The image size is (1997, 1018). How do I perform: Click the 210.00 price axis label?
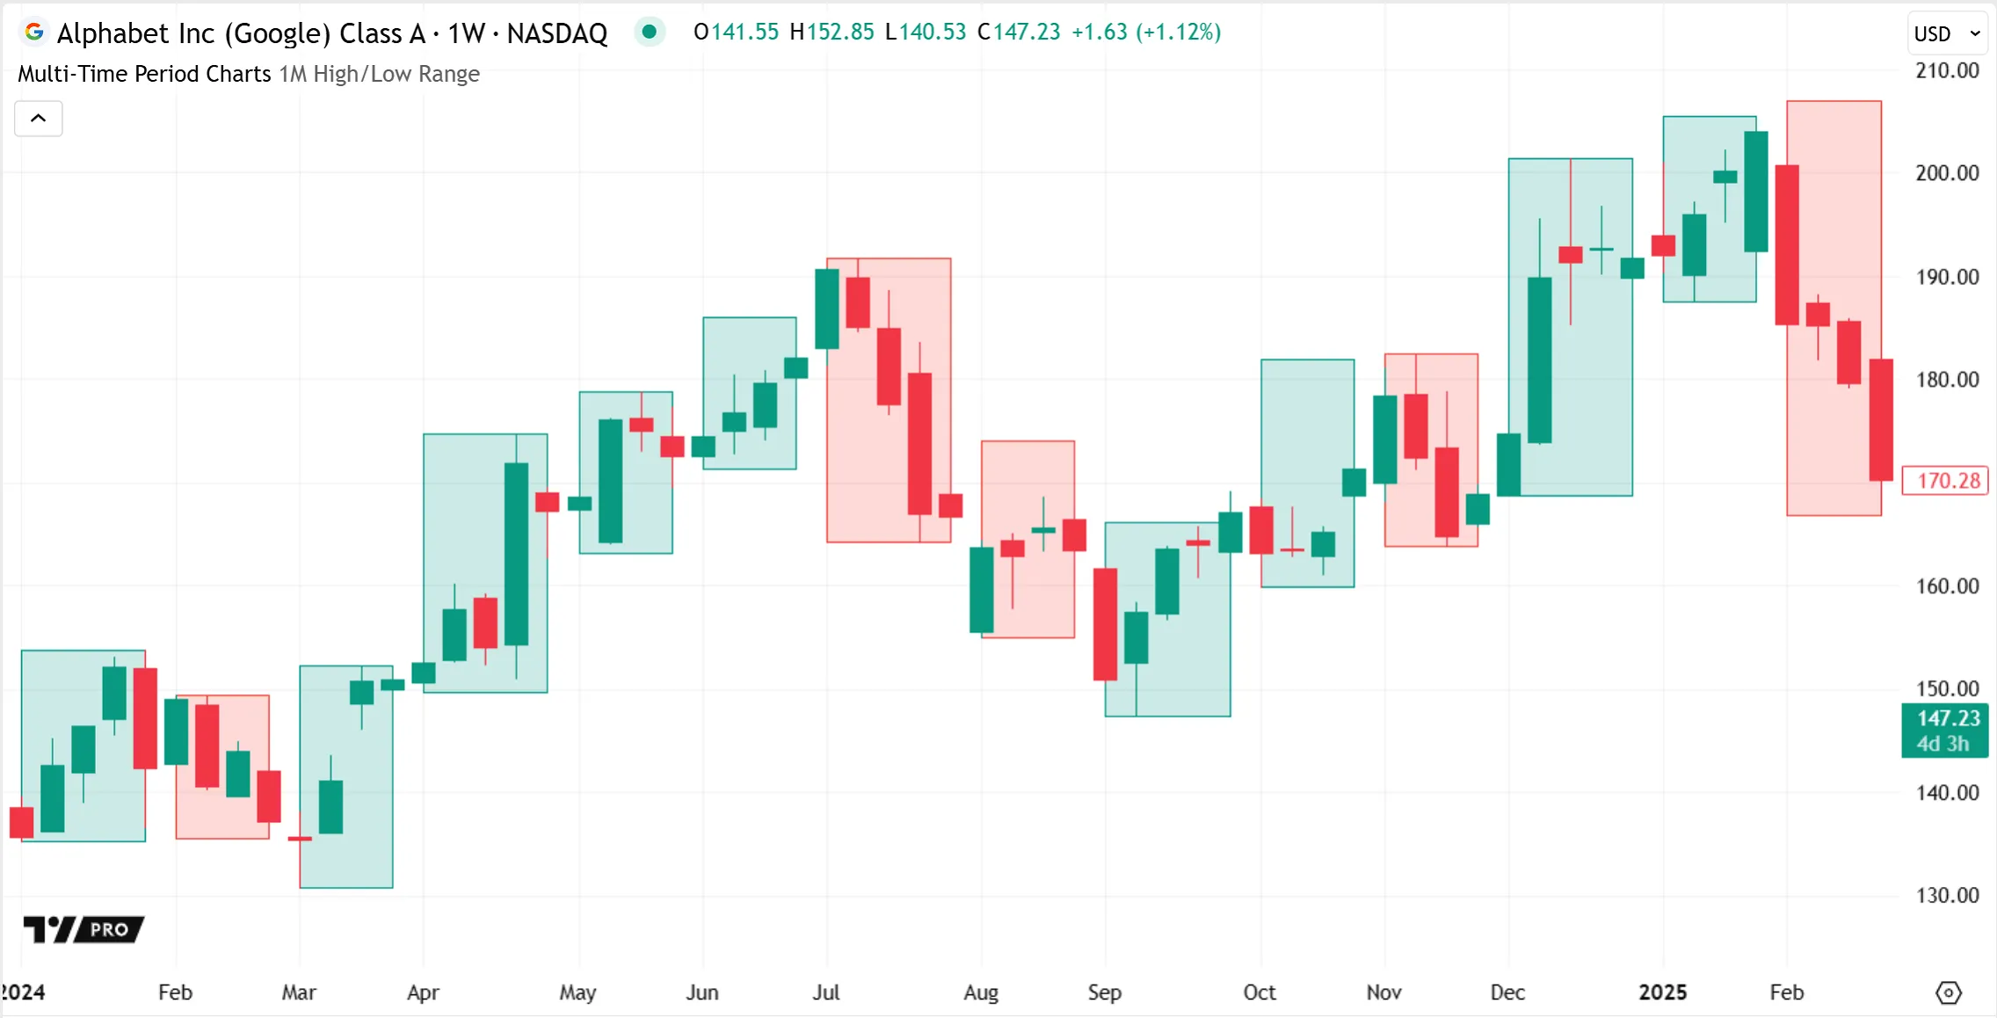pos(1947,70)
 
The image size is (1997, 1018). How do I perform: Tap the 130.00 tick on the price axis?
pos(1947,895)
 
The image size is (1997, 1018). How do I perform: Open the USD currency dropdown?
pos(1947,33)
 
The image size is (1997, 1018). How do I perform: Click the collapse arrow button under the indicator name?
pos(39,119)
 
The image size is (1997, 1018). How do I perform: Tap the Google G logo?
pos(34,33)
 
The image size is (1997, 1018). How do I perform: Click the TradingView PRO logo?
pos(84,928)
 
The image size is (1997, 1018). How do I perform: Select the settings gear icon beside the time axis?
pos(1948,993)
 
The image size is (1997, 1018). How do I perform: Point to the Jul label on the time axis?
pos(825,993)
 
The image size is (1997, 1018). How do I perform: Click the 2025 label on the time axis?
pos(1662,993)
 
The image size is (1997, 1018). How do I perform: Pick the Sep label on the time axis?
pos(1104,993)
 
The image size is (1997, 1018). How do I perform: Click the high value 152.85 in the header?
pos(839,33)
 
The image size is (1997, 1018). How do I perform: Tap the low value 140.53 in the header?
pos(933,33)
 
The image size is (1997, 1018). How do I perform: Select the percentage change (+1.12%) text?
pos(1178,33)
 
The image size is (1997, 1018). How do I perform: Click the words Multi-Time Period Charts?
pos(144,74)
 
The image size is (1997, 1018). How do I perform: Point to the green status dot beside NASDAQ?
pos(649,33)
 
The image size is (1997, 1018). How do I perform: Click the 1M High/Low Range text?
pos(379,74)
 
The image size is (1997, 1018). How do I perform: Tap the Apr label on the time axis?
pos(423,993)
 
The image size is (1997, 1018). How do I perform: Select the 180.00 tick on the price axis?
pos(1947,380)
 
